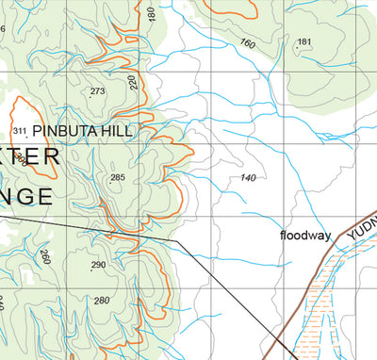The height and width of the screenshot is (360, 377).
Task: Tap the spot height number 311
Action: (x=19, y=130)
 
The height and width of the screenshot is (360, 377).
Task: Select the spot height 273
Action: (x=97, y=91)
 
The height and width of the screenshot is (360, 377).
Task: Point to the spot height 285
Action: (x=118, y=177)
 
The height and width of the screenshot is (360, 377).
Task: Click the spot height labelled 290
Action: (x=98, y=266)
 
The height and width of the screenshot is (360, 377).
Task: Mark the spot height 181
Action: (x=303, y=41)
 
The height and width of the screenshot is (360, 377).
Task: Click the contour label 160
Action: (x=248, y=43)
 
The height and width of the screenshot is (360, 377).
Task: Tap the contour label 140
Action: (x=249, y=177)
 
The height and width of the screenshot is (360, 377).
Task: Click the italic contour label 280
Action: (x=101, y=301)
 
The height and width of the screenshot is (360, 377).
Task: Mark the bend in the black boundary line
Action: (x=176, y=241)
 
